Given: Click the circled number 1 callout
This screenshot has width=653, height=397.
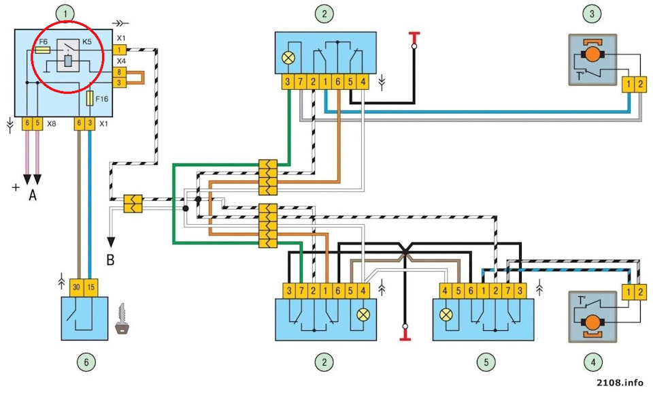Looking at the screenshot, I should [x=65, y=12].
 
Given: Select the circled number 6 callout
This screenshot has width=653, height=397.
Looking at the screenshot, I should [x=87, y=362].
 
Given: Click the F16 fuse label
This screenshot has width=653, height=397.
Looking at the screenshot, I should [x=103, y=99].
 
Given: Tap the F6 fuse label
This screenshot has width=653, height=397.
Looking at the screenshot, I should [x=44, y=41].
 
